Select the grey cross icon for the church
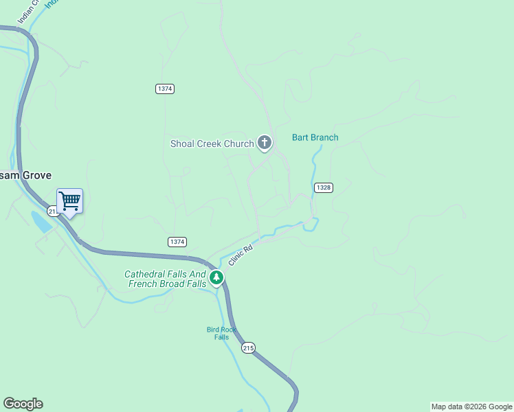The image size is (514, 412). click(x=264, y=143)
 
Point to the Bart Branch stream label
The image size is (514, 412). click(x=315, y=137)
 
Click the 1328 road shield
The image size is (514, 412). click(x=324, y=187)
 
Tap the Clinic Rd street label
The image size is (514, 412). click(x=237, y=257)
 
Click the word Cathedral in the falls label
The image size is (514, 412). click(x=146, y=274)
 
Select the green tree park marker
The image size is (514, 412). click(x=216, y=277)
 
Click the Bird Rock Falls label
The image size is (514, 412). click(x=221, y=333)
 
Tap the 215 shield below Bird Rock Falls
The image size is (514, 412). click(x=248, y=348)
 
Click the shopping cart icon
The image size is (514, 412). click(x=69, y=201)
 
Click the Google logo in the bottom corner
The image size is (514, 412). click(x=23, y=404)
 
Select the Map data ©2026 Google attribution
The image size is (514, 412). click(x=471, y=407)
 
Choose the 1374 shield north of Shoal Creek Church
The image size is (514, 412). click(x=165, y=89)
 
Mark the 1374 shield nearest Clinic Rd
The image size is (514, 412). click(x=177, y=242)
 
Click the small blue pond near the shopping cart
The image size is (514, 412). click(x=40, y=221)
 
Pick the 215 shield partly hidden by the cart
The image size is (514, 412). click(x=52, y=211)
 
